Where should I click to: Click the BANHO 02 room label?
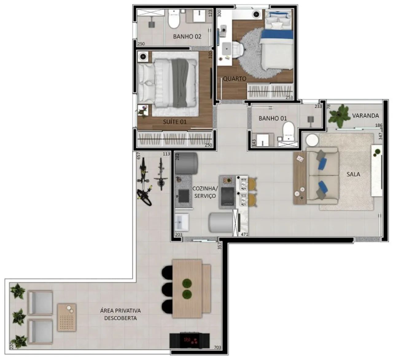pos(187,37)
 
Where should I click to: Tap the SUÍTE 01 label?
pos(175,122)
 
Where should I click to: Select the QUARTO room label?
pos(235,79)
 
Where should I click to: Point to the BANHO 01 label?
pos(273,118)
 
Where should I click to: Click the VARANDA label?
pos(365,116)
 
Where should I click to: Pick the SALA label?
pos(353,174)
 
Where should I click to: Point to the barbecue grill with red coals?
pos(189,341)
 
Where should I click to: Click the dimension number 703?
pos(217,347)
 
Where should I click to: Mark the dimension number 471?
pos(244,234)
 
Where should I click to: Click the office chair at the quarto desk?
pos(238,49)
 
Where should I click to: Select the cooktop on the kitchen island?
pos(228,196)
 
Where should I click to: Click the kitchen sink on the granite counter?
pos(184,196)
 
